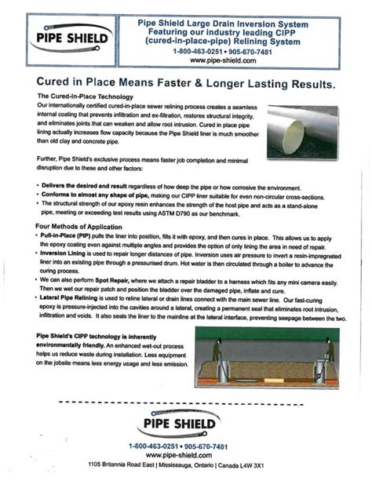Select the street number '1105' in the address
(x=97, y=465)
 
